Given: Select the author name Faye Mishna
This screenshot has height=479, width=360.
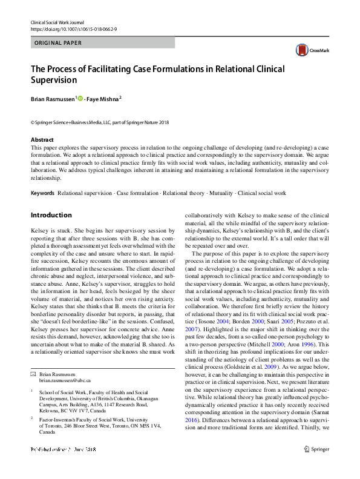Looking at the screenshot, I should click(x=103, y=98).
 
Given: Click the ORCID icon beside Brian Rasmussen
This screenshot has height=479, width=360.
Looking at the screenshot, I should click(x=80, y=98).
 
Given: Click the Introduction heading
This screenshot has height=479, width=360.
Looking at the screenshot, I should click(x=51, y=215).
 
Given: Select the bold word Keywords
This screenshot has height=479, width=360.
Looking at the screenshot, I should click(x=42, y=193).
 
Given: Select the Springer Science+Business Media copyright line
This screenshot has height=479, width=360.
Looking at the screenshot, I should click(x=100, y=122).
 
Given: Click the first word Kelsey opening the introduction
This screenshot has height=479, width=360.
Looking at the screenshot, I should click(x=39, y=232).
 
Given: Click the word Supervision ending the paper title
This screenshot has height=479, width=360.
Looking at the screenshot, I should click(x=54, y=79).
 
